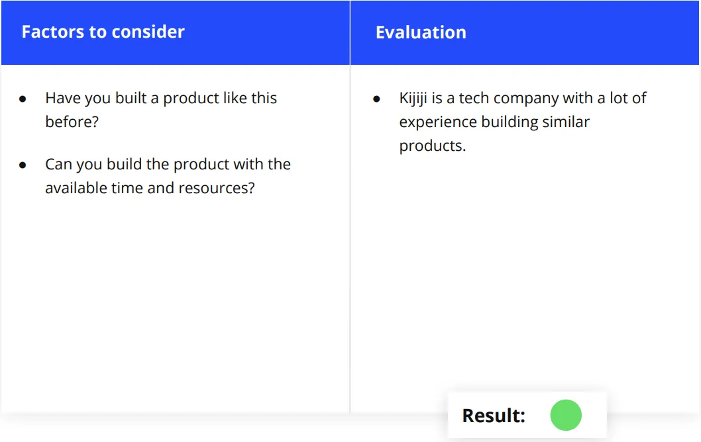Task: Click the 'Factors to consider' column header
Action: pyautogui.click(x=103, y=32)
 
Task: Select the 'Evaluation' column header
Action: pyautogui.click(x=421, y=32)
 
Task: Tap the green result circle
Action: pyautogui.click(x=566, y=416)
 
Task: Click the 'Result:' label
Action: pyautogui.click(x=494, y=416)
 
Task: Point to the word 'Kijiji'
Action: pyautogui.click(x=413, y=99)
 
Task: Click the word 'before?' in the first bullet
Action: pyautogui.click(x=72, y=122)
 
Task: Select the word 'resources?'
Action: pyautogui.click(x=217, y=189)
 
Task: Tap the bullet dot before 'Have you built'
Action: pyautogui.click(x=23, y=99)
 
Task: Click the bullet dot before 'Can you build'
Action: pyautogui.click(x=23, y=165)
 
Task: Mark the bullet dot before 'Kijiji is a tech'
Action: pyautogui.click(x=376, y=99)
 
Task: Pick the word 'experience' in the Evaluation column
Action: pyautogui.click(x=438, y=122)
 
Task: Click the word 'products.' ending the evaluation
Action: pyautogui.click(x=432, y=146)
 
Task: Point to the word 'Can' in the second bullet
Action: pyautogui.click(x=58, y=164)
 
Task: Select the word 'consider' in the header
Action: pyautogui.click(x=148, y=32)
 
